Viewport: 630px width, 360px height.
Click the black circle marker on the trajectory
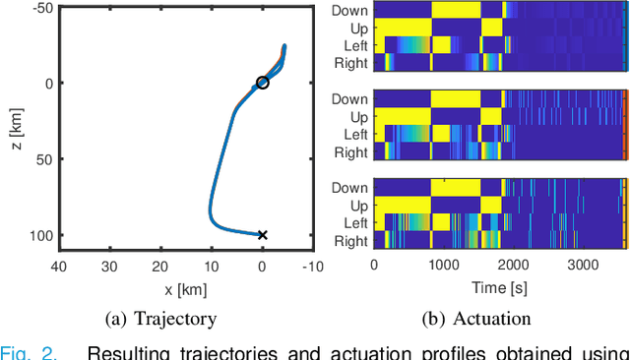[262, 83]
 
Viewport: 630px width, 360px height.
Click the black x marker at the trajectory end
[262, 234]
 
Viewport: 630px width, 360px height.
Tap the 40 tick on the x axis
[58, 265]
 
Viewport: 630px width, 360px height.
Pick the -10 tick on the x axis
[313, 265]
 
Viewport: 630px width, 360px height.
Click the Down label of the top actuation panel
[350, 10]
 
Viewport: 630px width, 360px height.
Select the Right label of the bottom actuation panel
[350, 241]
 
